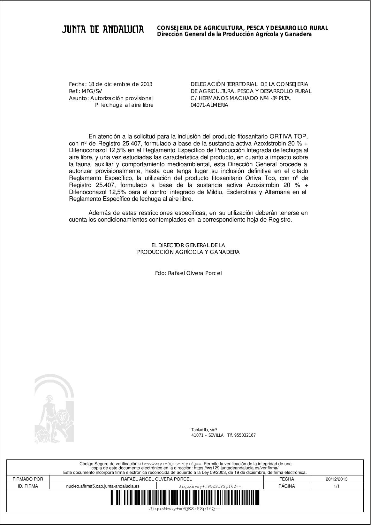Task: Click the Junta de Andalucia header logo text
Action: [x=103, y=30]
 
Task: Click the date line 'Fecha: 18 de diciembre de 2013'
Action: [x=111, y=84]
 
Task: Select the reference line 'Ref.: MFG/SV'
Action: [x=86, y=91]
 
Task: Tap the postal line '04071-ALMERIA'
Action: [x=209, y=105]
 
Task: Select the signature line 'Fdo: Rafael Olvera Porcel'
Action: [x=188, y=273]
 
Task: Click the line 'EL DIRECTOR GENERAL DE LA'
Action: [x=188, y=245]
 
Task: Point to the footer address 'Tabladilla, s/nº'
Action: [x=204, y=430]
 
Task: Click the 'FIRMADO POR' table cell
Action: [x=28, y=479]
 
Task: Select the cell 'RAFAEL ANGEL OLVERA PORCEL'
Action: [x=156, y=479]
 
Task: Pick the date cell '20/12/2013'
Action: [x=337, y=479]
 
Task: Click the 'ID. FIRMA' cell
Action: [x=28, y=486]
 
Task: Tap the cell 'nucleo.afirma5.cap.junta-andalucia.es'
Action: [x=103, y=486]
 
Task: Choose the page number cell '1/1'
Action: [x=337, y=486]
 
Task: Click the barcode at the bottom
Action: [x=185, y=498]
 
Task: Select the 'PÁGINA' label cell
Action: [x=286, y=486]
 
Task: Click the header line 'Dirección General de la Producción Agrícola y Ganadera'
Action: [x=234, y=34]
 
